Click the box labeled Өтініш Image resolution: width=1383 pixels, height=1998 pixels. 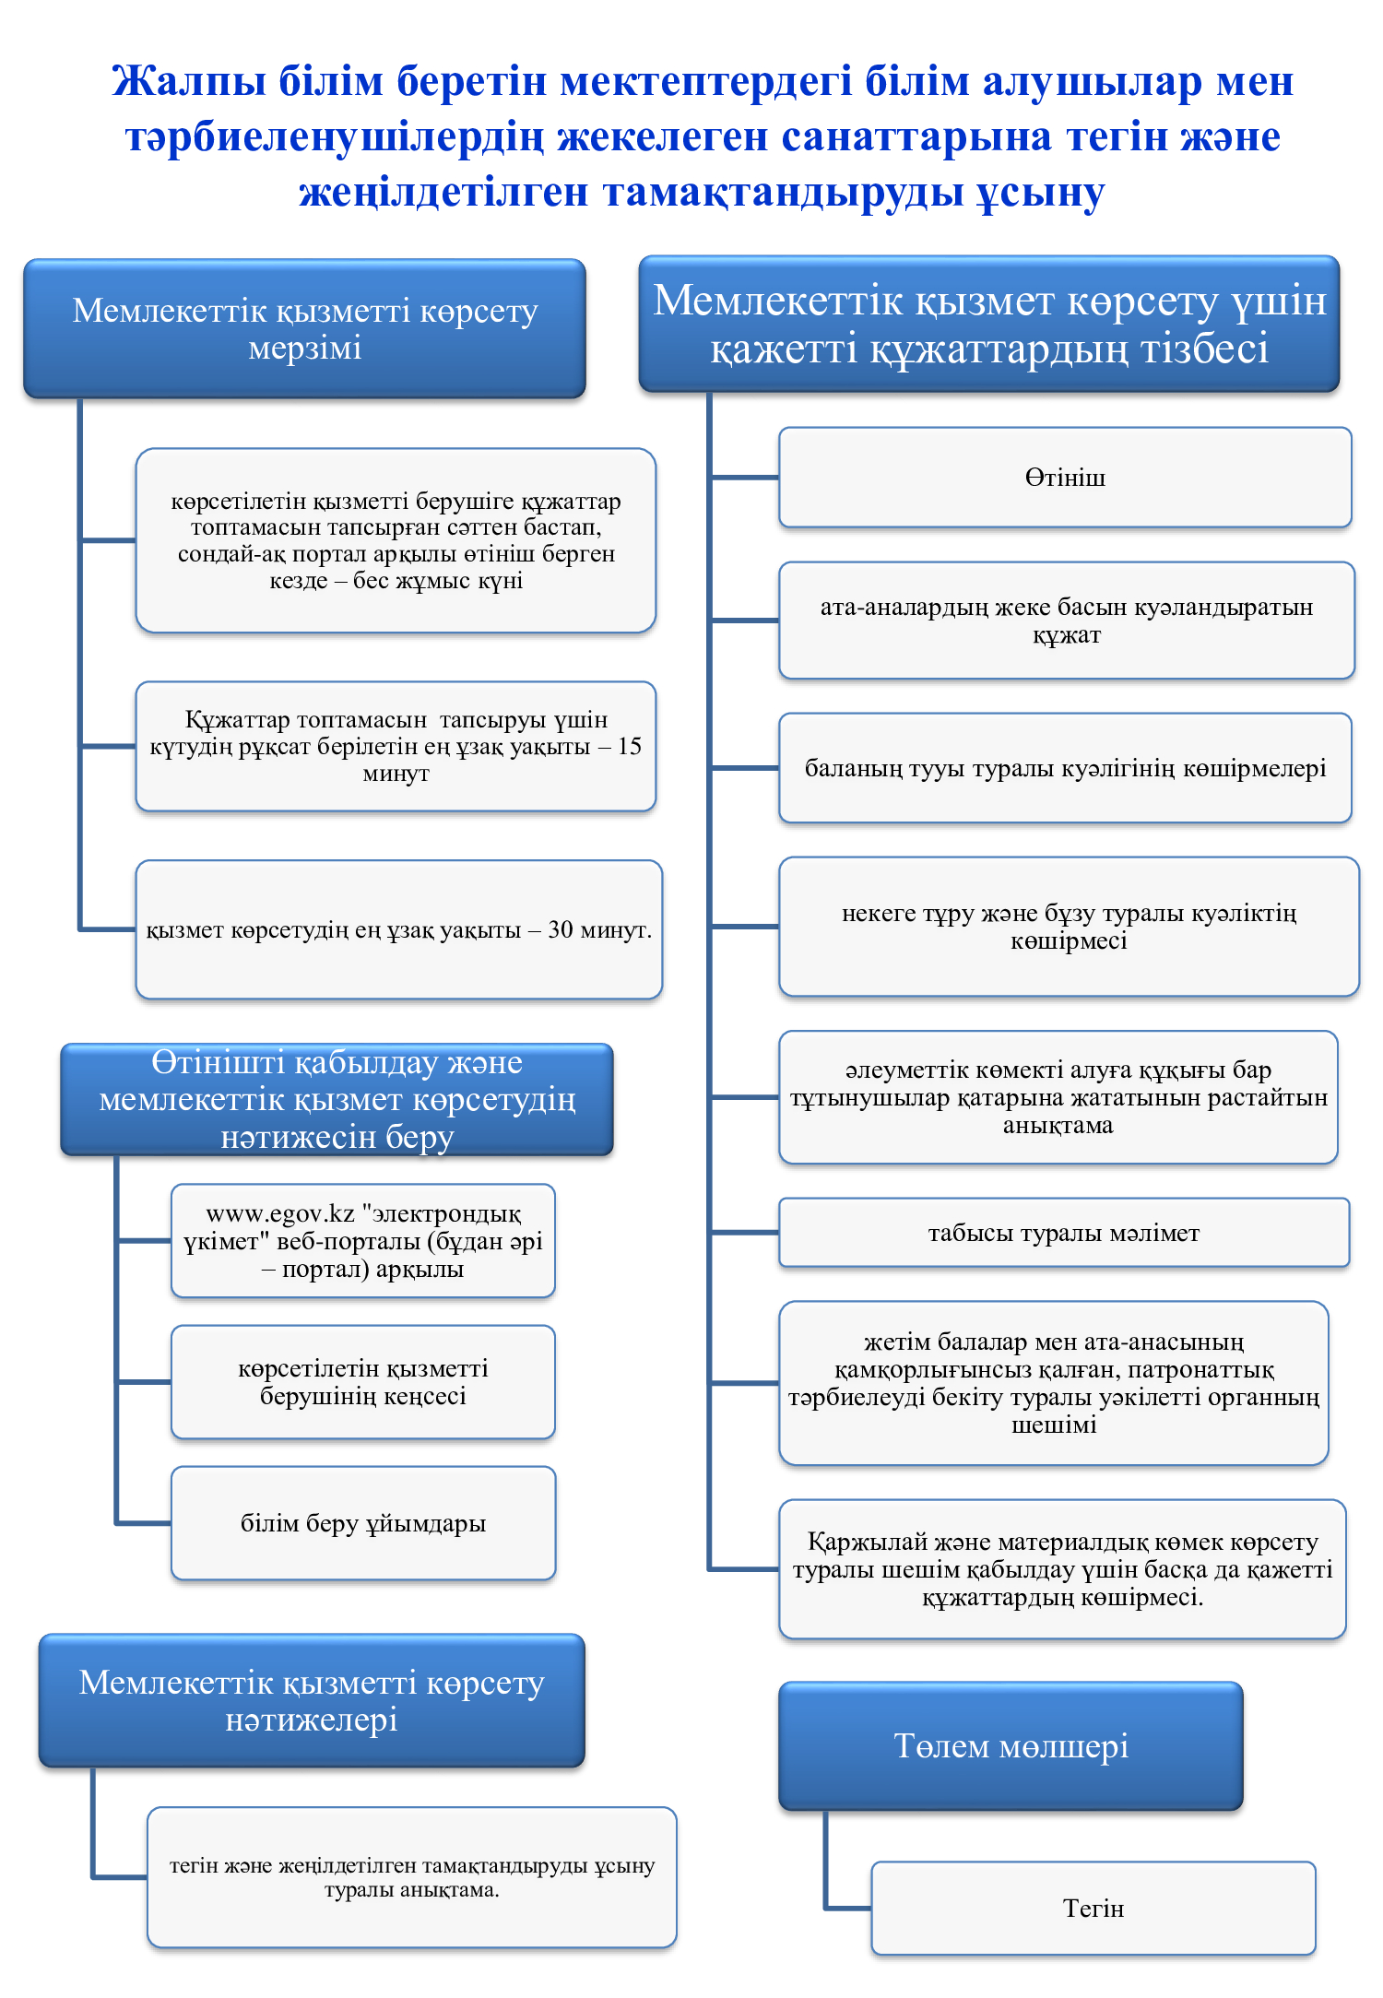(1065, 478)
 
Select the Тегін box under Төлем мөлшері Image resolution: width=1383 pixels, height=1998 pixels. (1093, 1908)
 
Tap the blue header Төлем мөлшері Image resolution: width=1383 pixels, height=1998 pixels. (1011, 1746)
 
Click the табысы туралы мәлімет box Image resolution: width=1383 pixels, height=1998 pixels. (1064, 1233)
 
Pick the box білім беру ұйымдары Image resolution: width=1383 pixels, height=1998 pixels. (363, 1523)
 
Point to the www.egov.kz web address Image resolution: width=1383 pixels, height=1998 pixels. (280, 1213)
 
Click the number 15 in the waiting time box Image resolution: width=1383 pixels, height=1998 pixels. (630, 746)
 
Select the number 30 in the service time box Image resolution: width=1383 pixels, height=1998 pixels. (561, 929)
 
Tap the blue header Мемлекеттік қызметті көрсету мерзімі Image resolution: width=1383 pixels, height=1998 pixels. (304, 328)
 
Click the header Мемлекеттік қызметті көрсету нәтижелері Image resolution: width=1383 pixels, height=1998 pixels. (312, 1701)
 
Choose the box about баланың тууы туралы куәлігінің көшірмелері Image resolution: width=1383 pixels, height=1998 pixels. (1065, 768)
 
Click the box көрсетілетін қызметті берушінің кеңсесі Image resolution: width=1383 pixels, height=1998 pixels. (363, 1382)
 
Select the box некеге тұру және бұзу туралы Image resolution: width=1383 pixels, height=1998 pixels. (1069, 927)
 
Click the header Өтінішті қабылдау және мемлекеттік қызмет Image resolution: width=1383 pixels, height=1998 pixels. (337, 1099)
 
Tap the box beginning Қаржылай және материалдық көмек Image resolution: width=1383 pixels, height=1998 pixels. (1062, 1569)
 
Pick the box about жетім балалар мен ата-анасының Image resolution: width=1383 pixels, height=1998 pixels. (1054, 1383)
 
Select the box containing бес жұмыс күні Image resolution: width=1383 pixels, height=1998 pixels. (396, 540)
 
